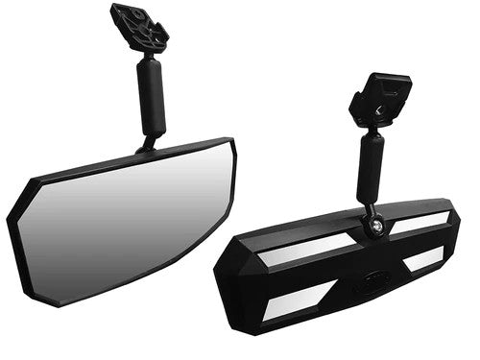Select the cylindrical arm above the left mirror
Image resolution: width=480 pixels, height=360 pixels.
pyautogui.click(x=153, y=96)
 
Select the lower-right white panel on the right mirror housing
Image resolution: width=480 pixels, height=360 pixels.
pyautogui.click(x=423, y=259)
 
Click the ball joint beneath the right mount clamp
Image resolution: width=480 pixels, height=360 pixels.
pyautogui.click(x=370, y=130)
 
